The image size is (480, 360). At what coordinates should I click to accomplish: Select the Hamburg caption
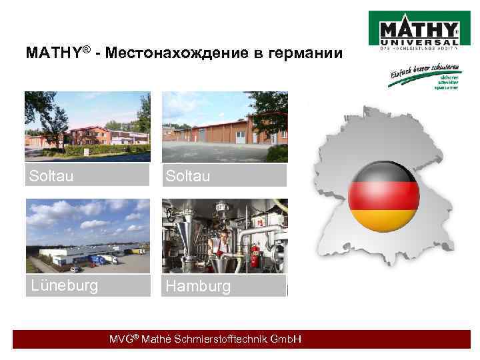[x=199, y=287]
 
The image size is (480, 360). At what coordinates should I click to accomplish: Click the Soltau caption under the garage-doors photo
[x=189, y=176]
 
